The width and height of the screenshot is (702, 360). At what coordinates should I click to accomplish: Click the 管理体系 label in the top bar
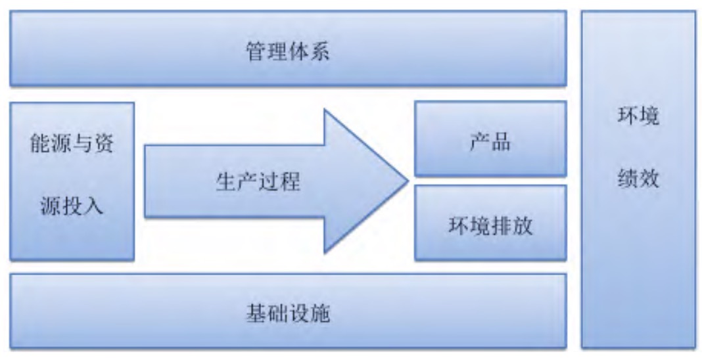[x=288, y=51]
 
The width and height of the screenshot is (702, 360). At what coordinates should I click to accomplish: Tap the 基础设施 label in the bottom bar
[x=288, y=313]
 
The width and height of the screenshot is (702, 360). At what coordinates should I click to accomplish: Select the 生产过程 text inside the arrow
[x=258, y=181]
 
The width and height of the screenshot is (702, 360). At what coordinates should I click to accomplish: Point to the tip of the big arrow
[x=408, y=181]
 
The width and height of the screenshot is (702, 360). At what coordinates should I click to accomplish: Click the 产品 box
[x=490, y=139]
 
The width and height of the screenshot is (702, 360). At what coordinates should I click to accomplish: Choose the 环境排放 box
[x=490, y=223]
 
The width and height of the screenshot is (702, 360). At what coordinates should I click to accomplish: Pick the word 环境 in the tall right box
[x=638, y=116]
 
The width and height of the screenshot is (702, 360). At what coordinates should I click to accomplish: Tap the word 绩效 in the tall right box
[x=638, y=179]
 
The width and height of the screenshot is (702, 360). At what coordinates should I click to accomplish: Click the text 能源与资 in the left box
[x=72, y=143]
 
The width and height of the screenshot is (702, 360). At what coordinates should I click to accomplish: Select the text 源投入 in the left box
[x=72, y=206]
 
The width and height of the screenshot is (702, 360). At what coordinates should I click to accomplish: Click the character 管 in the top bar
[x=256, y=51]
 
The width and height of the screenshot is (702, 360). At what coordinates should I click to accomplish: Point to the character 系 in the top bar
[x=319, y=51]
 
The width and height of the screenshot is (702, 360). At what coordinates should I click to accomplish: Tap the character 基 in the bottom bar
[x=256, y=313]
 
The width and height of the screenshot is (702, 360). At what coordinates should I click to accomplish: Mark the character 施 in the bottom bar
[x=319, y=313]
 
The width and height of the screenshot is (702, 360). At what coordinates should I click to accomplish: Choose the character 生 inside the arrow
[x=227, y=181]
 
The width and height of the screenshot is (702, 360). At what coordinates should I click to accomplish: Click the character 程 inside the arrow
[x=290, y=181]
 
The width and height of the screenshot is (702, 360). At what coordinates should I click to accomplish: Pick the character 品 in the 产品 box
[x=501, y=142]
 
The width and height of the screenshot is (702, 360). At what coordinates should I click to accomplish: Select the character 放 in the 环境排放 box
[x=522, y=225]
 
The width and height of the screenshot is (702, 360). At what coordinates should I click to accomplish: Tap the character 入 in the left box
[x=93, y=206]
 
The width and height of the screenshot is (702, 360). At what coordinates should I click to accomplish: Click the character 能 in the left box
[x=40, y=143]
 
